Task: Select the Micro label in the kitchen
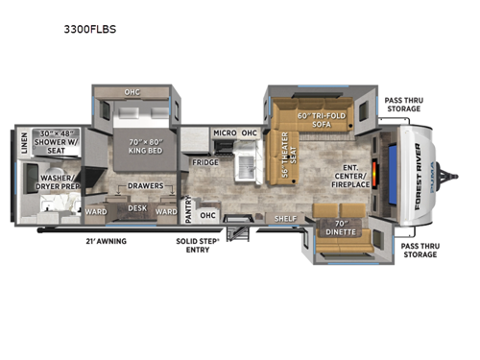pyautogui.click(x=225, y=132)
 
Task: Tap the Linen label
pyautogui.click(x=23, y=144)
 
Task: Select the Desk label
pyautogui.click(x=136, y=206)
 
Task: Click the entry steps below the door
pyautogui.click(x=237, y=231)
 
